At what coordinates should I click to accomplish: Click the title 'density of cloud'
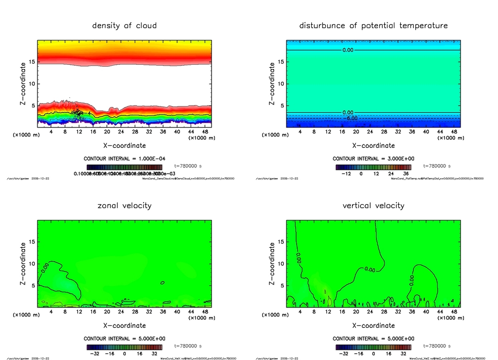124,26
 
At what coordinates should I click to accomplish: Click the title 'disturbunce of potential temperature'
373,26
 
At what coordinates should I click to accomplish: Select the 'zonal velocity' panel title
124,206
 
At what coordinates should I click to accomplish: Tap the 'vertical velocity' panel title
373,206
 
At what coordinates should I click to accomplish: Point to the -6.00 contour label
351,118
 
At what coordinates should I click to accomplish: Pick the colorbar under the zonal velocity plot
124,347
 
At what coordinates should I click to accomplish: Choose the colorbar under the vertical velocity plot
373,347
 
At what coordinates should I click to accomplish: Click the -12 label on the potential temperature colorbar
347,174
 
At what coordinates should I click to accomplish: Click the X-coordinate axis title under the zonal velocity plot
124,325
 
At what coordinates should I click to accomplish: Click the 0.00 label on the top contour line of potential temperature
348,50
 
